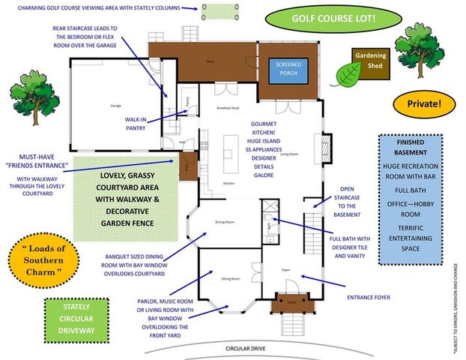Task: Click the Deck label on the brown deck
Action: tap(210, 60)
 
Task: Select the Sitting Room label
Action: tap(231, 278)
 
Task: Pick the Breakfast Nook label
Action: tap(228, 108)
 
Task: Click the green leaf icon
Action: tap(347, 73)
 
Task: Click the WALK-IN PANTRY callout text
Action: tap(139, 124)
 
